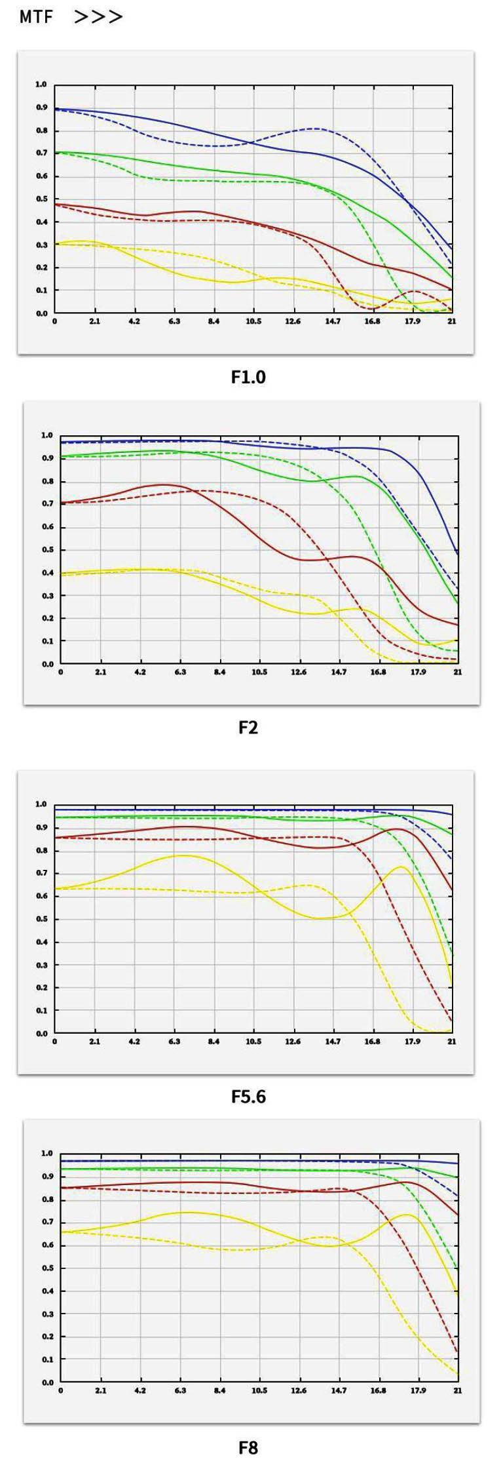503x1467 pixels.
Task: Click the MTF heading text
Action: (36, 17)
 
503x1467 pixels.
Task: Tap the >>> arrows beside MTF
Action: (98, 17)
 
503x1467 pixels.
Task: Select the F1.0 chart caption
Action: (248, 377)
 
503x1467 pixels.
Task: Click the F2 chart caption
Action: (248, 728)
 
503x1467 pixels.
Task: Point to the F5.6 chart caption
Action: (248, 1097)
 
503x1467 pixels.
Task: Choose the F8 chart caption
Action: (248, 1447)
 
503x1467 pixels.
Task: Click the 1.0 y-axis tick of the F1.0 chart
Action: (41, 85)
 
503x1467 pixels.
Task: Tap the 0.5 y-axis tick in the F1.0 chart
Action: (41, 199)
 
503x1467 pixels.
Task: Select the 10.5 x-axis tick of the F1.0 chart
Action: (253, 321)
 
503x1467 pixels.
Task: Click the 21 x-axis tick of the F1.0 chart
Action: (452, 321)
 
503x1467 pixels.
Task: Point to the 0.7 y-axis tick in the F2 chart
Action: (47, 504)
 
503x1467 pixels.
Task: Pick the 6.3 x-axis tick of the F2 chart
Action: (180, 672)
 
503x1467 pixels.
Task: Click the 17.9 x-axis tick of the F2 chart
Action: (418, 672)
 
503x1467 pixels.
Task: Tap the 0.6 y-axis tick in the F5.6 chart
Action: (41, 896)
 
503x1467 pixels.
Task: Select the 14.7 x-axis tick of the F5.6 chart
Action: (333, 1041)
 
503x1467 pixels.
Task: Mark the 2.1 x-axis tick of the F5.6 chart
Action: (95, 1041)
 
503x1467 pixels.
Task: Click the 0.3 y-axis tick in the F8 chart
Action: (47, 1314)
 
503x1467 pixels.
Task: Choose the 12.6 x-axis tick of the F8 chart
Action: (299, 1390)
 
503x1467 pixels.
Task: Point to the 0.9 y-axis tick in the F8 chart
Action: (47, 1177)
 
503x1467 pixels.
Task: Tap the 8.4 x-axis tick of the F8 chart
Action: (219, 1390)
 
